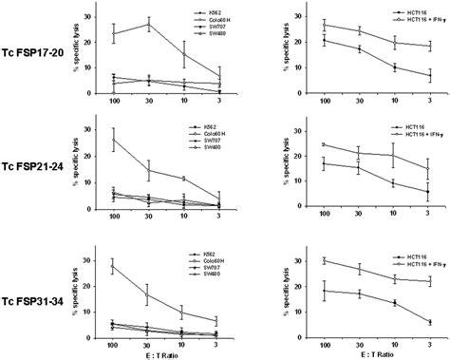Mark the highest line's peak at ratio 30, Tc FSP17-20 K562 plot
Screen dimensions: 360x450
pos(147,25)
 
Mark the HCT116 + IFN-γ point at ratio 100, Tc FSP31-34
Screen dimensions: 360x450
pos(325,260)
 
